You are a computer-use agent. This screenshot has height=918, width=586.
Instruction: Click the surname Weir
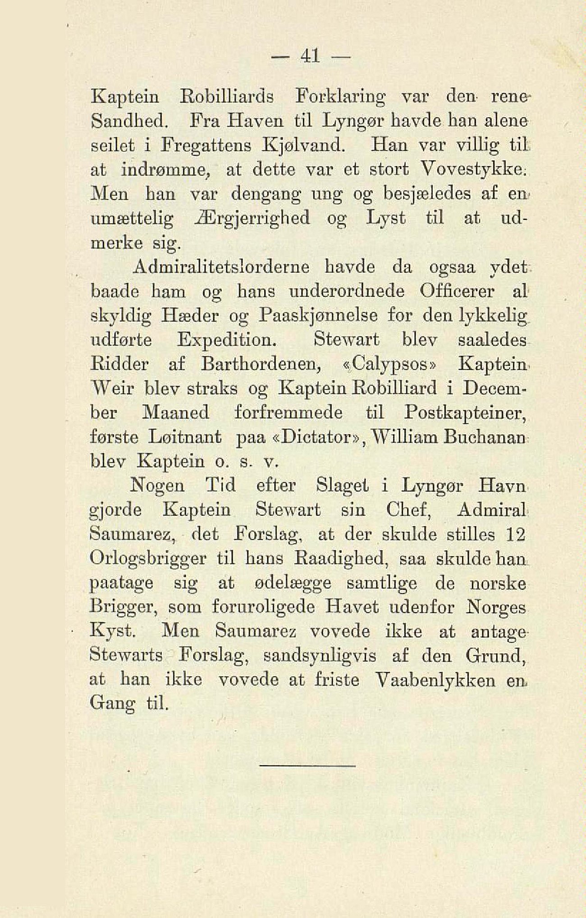tap(109, 388)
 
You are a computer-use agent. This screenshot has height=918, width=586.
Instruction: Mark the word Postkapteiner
tap(465, 413)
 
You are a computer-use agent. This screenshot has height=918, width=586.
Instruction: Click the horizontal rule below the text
tap(308, 766)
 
